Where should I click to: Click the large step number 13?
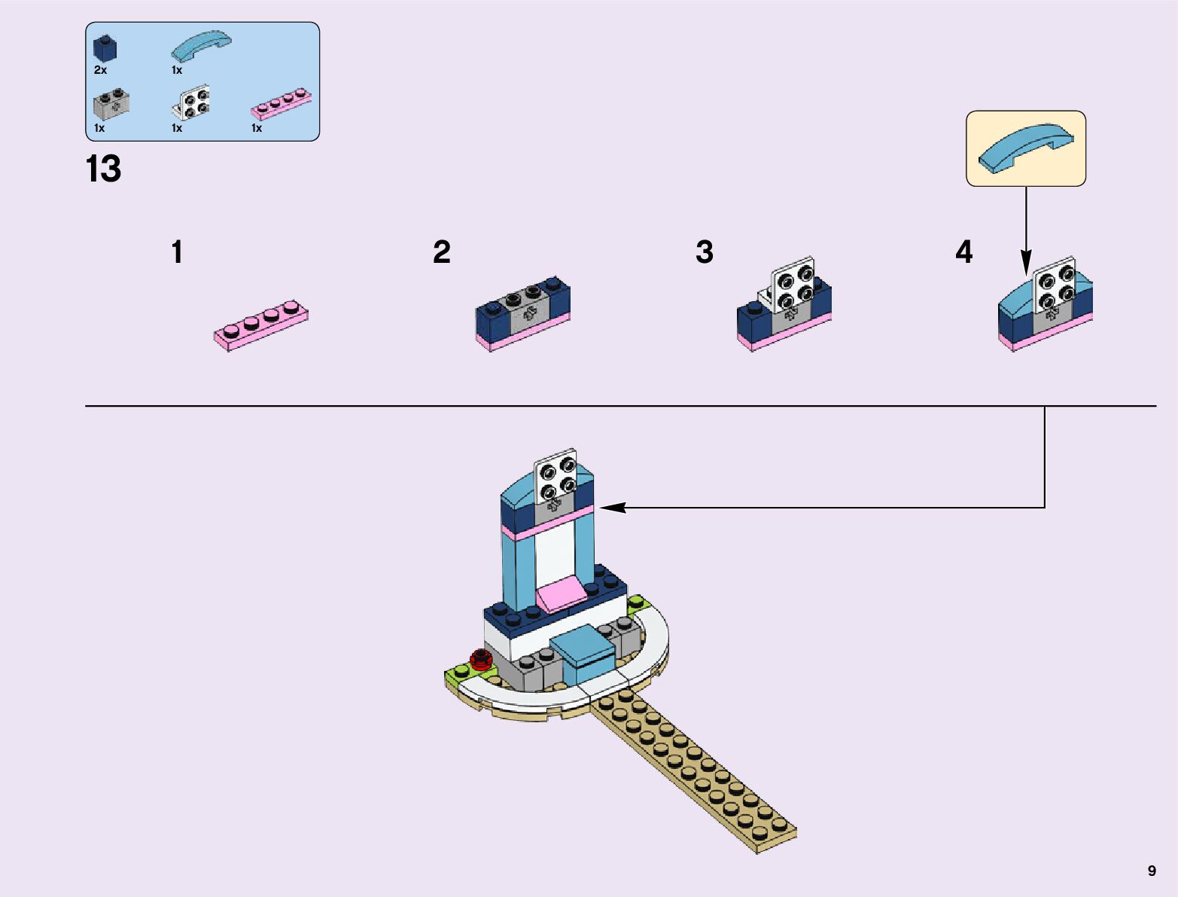click(103, 169)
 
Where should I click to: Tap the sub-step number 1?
click(177, 252)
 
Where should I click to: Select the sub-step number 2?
click(442, 252)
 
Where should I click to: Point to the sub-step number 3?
click(705, 252)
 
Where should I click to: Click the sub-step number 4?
click(963, 252)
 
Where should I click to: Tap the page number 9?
click(1152, 871)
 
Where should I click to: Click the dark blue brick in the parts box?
click(105, 49)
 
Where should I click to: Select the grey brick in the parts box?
click(111, 104)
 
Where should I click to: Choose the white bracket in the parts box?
click(192, 102)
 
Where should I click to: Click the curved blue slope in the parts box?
click(200, 46)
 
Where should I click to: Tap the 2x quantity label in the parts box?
click(100, 70)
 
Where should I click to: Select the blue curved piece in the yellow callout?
click(1025, 148)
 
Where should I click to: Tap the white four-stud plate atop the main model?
click(556, 474)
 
